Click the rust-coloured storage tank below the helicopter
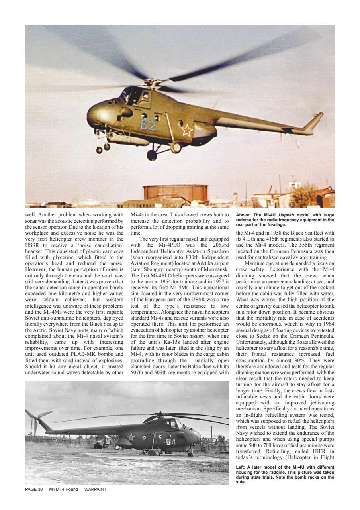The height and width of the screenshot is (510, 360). click(x=175, y=193)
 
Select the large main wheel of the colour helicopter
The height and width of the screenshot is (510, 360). click(x=152, y=155)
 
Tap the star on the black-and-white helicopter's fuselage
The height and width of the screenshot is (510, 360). click(x=131, y=437)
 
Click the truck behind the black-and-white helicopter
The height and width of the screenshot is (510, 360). click(x=100, y=441)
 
